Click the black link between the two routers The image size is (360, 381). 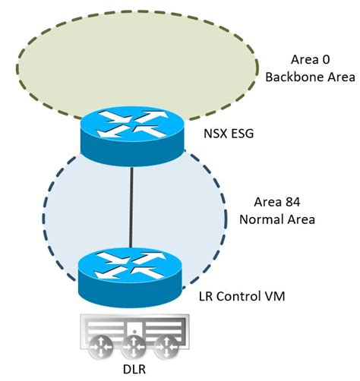(x=134, y=205)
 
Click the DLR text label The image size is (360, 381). (x=134, y=370)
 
